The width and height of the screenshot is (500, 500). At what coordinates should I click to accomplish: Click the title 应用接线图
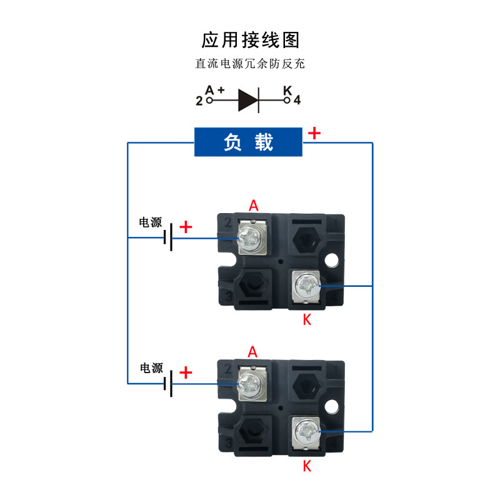tap(251, 40)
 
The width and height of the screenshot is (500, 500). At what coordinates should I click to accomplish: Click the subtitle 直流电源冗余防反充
tap(250, 64)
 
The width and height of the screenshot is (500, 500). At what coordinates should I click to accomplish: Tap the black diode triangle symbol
tap(248, 100)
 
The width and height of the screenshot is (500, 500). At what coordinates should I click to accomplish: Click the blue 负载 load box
tap(248, 142)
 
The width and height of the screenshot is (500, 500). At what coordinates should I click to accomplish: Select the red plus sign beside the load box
tap(314, 133)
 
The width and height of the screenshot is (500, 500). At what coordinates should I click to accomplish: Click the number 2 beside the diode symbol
tap(199, 101)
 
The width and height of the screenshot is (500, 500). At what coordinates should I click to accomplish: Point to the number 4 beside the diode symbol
tap(297, 100)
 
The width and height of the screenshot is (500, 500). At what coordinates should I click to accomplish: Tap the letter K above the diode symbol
tap(287, 90)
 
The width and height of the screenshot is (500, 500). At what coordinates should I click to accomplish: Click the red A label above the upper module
tap(254, 206)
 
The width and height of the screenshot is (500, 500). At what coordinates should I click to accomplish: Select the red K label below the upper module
tap(307, 319)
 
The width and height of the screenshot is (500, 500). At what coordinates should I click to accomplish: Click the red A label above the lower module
tap(252, 352)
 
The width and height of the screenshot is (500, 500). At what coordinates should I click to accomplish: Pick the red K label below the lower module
tap(307, 466)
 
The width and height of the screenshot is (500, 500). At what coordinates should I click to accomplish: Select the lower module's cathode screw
tap(307, 431)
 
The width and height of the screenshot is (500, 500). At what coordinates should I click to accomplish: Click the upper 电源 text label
tap(151, 222)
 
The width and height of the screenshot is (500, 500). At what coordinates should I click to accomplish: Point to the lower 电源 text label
tap(151, 368)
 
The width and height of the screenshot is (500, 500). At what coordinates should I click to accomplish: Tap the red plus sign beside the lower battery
tap(186, 372)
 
